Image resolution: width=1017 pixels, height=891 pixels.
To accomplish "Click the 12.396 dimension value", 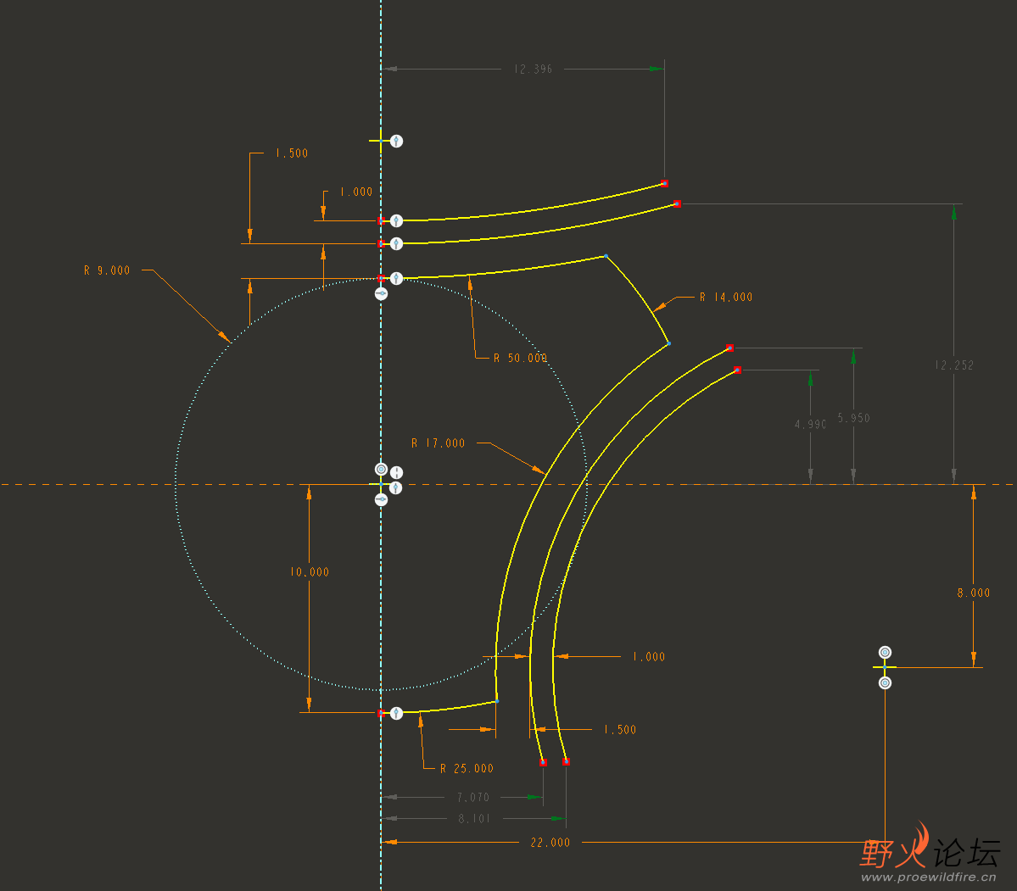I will (533, 69).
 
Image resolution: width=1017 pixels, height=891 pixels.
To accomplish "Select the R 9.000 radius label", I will (107, 270).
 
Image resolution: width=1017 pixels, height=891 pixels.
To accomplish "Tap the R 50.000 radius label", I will (520, 358).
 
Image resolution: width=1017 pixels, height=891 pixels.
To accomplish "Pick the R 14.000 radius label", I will (726, 298).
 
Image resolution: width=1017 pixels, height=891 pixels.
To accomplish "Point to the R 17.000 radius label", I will (438, 443).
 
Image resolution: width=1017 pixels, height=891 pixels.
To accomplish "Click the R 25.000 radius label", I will (467, 769).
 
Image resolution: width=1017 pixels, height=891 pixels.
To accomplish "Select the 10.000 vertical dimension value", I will (310, 572).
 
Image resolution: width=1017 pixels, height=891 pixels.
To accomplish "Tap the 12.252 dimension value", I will (954, 365).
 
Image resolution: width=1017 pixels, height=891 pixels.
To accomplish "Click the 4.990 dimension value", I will (811, 425).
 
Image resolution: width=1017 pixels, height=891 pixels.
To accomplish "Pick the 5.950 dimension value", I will (853, 418).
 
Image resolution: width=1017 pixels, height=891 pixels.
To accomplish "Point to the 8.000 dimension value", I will (974, 593).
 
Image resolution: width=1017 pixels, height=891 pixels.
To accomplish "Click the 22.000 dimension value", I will (550, 843).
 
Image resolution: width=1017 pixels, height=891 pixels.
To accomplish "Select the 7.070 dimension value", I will (472, 798).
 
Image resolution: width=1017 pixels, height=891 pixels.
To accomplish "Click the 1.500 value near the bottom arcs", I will (619, 730).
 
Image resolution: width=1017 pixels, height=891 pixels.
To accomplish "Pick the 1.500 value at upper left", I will (291, 153).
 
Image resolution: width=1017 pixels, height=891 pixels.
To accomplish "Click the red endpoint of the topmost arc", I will (664, 183).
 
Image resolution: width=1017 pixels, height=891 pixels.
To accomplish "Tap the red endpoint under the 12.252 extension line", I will (677, 204).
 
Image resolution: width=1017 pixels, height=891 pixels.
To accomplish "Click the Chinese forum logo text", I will (930, 852).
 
